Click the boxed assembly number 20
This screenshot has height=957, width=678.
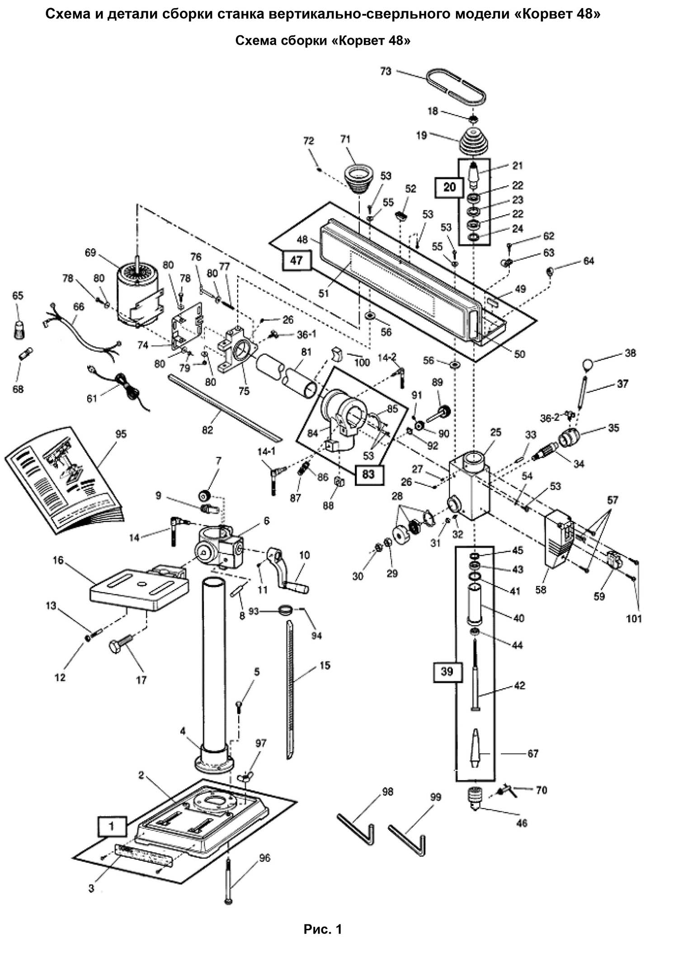coord(449,187)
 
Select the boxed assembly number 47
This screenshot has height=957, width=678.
coord(296,261)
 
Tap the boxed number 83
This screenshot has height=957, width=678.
coord(368,474)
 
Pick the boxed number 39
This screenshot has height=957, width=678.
coord(447,672)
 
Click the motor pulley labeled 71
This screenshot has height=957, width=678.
coord(357,179)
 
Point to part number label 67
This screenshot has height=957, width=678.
coord(533,753)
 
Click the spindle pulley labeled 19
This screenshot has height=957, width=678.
coord(473,144)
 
